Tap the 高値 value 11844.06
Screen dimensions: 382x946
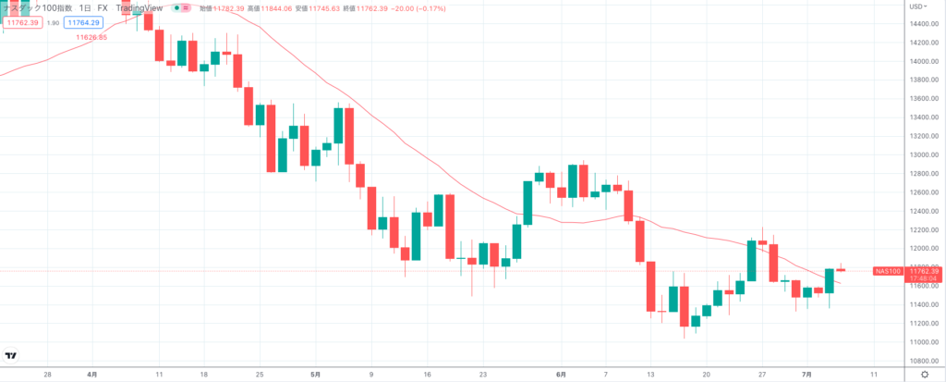276,8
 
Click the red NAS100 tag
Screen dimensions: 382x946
888,271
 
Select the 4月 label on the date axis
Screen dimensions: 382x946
91,375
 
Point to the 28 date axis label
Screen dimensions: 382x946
47,375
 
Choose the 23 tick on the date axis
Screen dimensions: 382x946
483,375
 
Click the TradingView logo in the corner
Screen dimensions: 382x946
11,356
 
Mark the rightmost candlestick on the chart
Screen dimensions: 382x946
842,270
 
